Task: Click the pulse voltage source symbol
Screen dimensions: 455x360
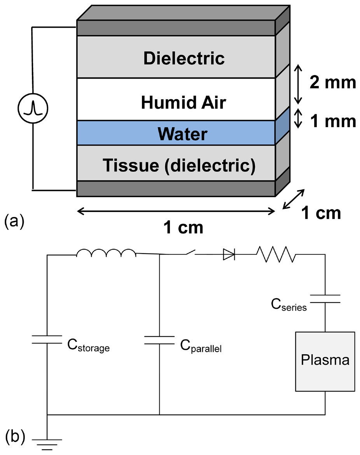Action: (x=33, y=108)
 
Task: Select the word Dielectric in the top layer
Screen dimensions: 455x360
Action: (x=184, y=58)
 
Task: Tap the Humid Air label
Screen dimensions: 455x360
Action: (x=183, y=103)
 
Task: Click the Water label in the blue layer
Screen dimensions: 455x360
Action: (x=182, y=134)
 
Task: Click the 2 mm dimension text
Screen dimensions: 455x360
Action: (x=332, y=82)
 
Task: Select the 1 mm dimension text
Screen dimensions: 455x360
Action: (x=332, y=121)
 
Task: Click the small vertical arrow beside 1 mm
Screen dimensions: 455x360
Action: (x=297, y=118)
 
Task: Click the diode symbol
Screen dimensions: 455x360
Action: (x=229, y=255)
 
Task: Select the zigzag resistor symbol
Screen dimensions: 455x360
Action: (x=276, y=254)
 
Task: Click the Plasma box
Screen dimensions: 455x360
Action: (x=325, y=361)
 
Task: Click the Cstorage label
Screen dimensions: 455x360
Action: (x=88, y=346)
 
